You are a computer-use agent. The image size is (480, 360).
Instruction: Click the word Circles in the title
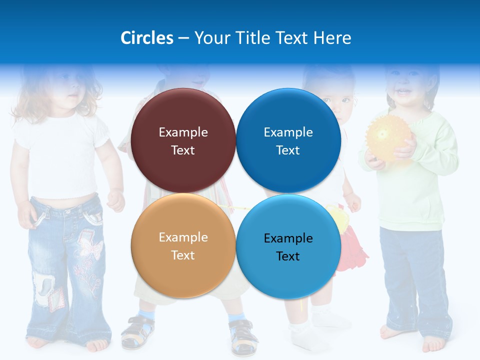[146, 38]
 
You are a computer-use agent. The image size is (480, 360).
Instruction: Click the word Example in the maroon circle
[183, 132]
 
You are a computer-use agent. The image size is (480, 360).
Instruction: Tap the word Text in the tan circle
[183, 255]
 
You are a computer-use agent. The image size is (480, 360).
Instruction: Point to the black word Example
[288, 238]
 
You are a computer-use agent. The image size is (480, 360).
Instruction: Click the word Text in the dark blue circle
[288, 150]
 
